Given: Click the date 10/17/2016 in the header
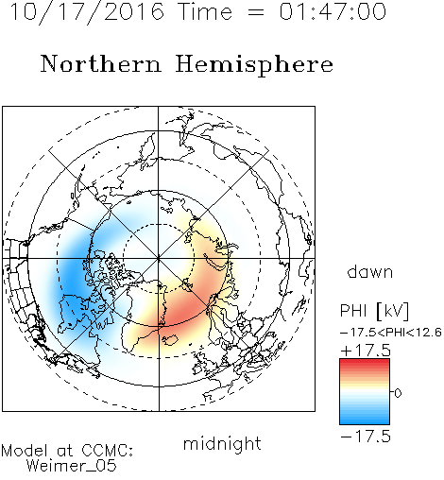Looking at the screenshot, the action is click(x=87, y=12).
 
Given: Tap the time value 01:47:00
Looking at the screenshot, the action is click(x=333, y=11).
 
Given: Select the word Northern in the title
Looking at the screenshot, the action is click(x=101, y=63).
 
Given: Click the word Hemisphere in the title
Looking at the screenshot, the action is click(x=254, y=64).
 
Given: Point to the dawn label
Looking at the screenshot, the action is click(x=370, y=272).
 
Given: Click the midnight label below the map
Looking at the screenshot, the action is click(x=222, y=443).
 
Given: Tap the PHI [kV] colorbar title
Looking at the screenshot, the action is click(x=374, y=311).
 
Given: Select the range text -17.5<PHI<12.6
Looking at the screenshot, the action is click(x=390, y=333).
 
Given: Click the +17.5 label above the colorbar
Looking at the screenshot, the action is click(x=366, y=351).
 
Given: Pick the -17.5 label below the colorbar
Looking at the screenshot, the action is click(x=366, y=437).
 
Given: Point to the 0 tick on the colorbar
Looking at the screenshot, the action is click(x=398, y=393).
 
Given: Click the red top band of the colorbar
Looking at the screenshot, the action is click(x=365, y=362).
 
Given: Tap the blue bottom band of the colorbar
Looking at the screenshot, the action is click(x=365, y=420).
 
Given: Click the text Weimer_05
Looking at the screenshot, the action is click(x=72, y=466).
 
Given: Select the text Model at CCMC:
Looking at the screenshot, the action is click(x=67, y=451).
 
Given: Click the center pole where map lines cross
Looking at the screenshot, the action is click(x=159, y=259).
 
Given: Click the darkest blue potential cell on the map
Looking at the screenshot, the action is click(x=74, y=283).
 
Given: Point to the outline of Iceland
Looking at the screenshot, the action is click(x=170, y=340).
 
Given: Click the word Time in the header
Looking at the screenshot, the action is click(x=205, y=11).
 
